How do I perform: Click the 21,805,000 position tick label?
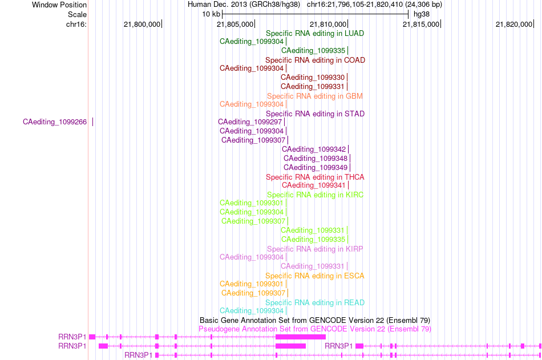(235, 24)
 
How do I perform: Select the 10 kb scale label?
(211, 14)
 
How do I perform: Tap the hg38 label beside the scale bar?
(422, 14)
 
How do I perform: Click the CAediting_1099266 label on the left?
(55, 122)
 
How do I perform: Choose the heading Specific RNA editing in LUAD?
(315, 33)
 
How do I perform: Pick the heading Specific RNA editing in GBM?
(315, 96)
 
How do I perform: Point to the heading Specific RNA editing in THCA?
(315, 177)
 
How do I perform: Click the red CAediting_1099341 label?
(314, 185)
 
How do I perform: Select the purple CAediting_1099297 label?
(250, 122)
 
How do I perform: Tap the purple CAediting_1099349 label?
(316, 167)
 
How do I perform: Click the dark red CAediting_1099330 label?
(313, 77)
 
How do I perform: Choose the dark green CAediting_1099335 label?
(313, 50)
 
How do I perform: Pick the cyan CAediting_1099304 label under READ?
(252, 310)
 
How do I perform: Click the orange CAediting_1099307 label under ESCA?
(253, 293)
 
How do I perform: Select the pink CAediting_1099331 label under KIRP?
(313, 266)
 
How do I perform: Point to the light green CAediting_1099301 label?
(251, 203)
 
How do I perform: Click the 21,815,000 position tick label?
(421, 24)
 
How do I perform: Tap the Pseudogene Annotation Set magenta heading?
(315, 329)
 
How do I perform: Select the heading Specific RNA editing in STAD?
(315, 114)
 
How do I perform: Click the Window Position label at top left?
(59, 5)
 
